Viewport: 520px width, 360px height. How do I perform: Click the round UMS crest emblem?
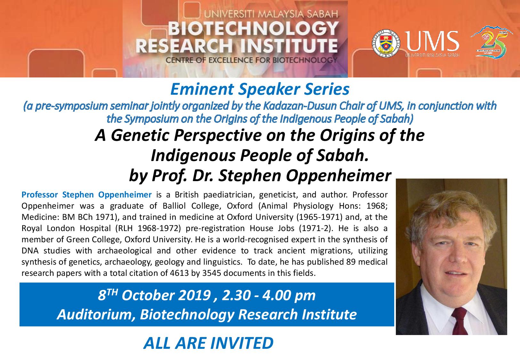click(x=386, y=43)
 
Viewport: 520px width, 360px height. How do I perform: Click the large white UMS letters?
click(x=432, y=41)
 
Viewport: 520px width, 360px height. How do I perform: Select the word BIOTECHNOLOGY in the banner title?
click(x=253, y=28)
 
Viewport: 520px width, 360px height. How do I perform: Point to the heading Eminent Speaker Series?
click(x=260, y=89)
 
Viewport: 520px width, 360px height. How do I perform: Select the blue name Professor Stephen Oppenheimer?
click(x=87, y=195)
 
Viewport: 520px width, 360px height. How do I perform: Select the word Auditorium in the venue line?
click(x=96, y=315)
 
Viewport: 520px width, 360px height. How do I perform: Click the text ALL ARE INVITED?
click(x=208, y=343)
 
